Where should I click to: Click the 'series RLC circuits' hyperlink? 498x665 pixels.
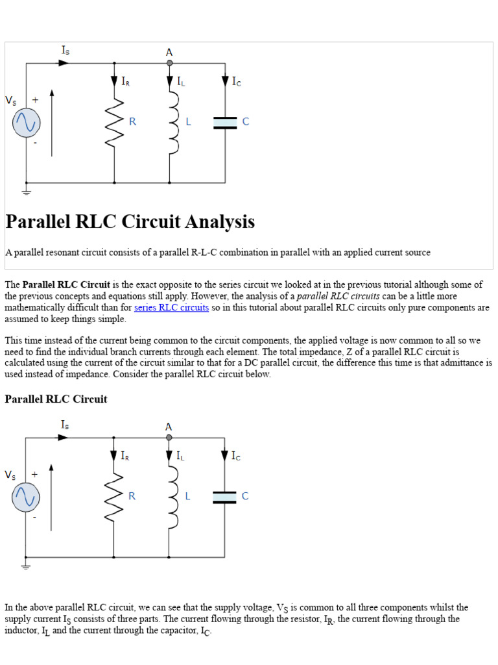coord(171,308)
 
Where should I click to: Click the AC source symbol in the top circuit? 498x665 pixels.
coord(26,122)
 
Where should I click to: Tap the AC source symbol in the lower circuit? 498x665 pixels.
coord(25,497)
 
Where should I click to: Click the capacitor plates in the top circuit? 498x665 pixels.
coord(225,123)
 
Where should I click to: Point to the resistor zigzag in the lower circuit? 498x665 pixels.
coord(114,497)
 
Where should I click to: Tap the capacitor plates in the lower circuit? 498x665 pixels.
coord(225,497)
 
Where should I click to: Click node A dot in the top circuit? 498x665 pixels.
coord(169,63)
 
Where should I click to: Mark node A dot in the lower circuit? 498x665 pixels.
coord(169,438)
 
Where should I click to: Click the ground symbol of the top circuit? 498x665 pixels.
coord(26,192)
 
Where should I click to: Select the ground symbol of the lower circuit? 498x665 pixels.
coord(26,566)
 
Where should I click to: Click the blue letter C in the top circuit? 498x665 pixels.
coord(246,122)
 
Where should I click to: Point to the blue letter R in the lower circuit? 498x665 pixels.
coord(132,496)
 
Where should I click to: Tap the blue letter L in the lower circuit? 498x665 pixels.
coord(187,496)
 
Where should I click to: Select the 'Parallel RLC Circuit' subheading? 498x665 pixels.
coord(56,399)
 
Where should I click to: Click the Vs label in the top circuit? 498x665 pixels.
coord(11,101)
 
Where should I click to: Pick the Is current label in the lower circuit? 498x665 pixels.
coord(65,424)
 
